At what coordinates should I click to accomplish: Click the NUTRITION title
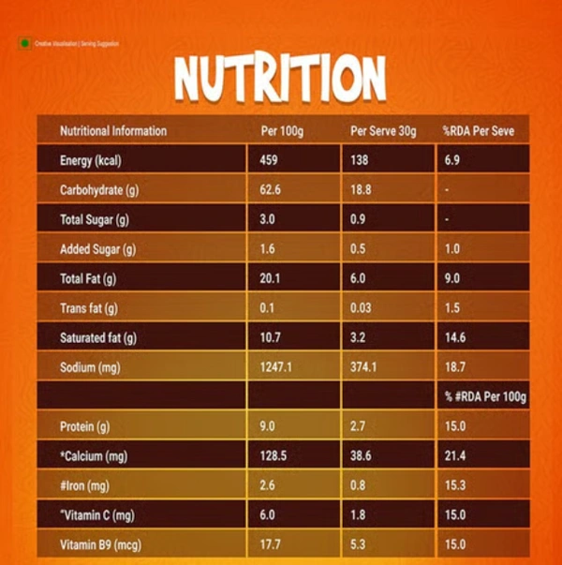click(x=280, y=79)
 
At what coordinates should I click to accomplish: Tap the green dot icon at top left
click(x=23, y=43)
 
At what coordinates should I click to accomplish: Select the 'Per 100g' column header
click(x=282, y=131)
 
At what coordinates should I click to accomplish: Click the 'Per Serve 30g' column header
click(x=383, y=131)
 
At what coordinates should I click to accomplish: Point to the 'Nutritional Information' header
click(x=113, y=131)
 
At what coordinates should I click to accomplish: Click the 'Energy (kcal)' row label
click(x=91, y=160)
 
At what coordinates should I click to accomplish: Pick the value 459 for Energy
click(x=269, y=160)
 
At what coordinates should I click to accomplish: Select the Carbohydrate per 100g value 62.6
click(x=270, y=189)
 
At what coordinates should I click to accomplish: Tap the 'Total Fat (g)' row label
click(x=88, y=278)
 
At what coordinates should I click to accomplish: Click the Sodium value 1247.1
click(x=276, y=367)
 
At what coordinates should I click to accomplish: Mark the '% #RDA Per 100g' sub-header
click(x=485, y=397)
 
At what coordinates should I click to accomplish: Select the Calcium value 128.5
click(x=273, y=456)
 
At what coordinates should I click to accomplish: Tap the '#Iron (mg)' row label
click(x=85, y=486)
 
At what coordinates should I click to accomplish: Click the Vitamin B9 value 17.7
click(x=270, y=545)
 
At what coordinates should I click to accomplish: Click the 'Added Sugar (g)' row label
click(x=98, y=249)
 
